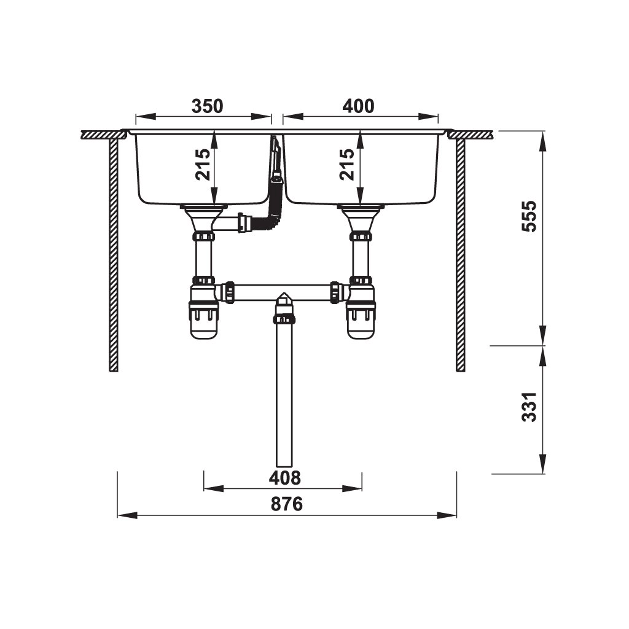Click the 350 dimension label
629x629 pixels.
tap(206, 106)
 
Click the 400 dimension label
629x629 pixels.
tap(357, 106)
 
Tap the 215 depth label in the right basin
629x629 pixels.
tap(348, 165)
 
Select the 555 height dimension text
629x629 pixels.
tap(529, 216)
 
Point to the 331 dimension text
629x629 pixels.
tap(529, 407)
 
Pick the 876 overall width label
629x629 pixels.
tap(286, 504)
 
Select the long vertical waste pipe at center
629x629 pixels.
tap(284, 399)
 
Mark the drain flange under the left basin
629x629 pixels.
tap(205, 209)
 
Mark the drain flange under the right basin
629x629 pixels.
tap(361, 209)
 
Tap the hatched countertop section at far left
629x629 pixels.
tap(101, 135)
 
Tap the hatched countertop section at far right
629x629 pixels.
tap(473, 135)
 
